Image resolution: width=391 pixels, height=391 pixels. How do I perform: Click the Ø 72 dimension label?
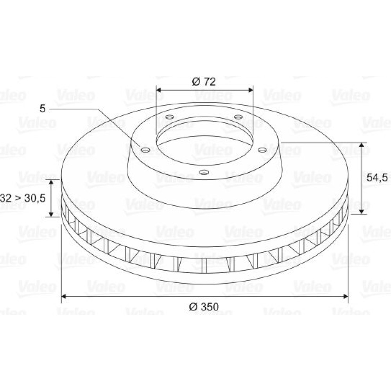coord(204,82)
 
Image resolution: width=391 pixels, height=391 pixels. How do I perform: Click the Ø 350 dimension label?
coord(204,307)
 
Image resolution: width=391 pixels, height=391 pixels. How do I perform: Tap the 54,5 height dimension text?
coord(377,178)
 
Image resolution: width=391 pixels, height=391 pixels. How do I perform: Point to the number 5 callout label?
coord(43,109)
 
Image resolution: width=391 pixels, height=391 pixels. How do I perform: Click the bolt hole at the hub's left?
coord(145,150)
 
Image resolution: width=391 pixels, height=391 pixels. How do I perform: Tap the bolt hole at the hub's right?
coord(262,150)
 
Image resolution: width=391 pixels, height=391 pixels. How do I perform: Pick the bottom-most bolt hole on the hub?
coord(204,172)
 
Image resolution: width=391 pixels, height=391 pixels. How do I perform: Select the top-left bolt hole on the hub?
coord(170,117)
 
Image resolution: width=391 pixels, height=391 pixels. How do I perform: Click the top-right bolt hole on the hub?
coord(238,117)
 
